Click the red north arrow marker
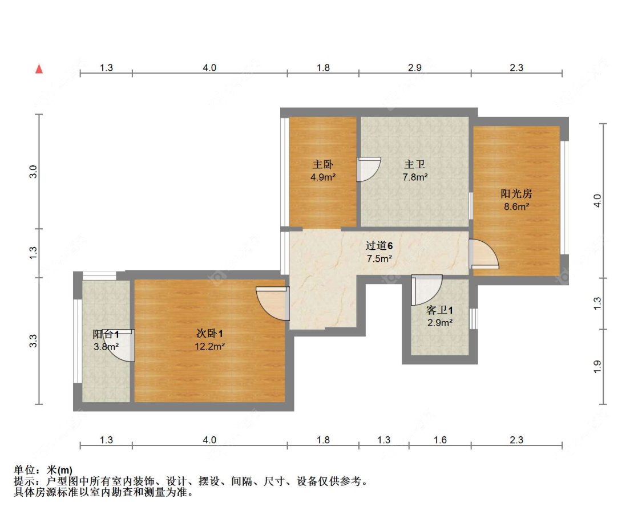(x=39, y=69)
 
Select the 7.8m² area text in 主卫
(x=415, y=177)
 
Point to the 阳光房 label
(x=516, y=194)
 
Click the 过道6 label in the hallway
(x=379, y=246)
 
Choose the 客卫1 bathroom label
(x=439, y=311)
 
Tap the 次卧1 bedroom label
(x=209, y=334)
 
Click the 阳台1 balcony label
(x=106, y=334)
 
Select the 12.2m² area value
(x=209, y=346)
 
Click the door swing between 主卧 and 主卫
(x=368, y=169)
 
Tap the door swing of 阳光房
(x=484, y=255)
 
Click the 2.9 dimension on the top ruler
(x=415, y=68)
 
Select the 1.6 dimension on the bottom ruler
(x=440, y=440)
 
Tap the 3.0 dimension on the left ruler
(x=34, y=171)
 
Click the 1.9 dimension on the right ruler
(x=597, y=367)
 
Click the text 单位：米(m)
(x=43, y=470)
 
